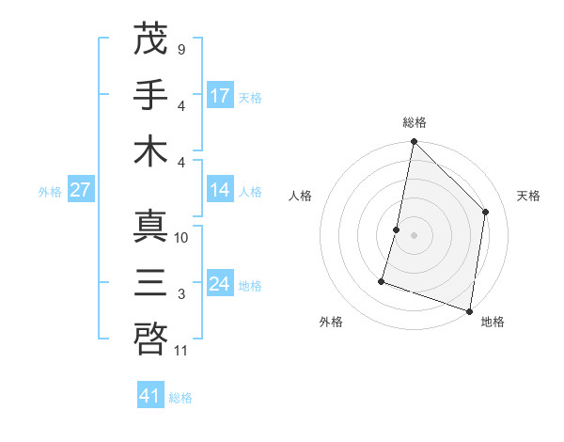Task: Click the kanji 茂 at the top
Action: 150,39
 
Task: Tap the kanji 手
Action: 150,95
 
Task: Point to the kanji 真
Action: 150,227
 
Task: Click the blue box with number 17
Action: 220,95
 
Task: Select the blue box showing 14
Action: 220,190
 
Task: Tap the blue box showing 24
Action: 220,284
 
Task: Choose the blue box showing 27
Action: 81,190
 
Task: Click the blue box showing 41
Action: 150,396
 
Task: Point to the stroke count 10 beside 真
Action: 182,238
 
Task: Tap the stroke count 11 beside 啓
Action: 182,351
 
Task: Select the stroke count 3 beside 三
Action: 180,294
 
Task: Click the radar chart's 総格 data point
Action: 414,143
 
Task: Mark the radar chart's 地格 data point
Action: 469,310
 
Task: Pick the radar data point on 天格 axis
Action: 486,212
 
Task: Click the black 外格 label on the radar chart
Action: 331,322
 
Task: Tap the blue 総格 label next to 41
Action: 180,398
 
